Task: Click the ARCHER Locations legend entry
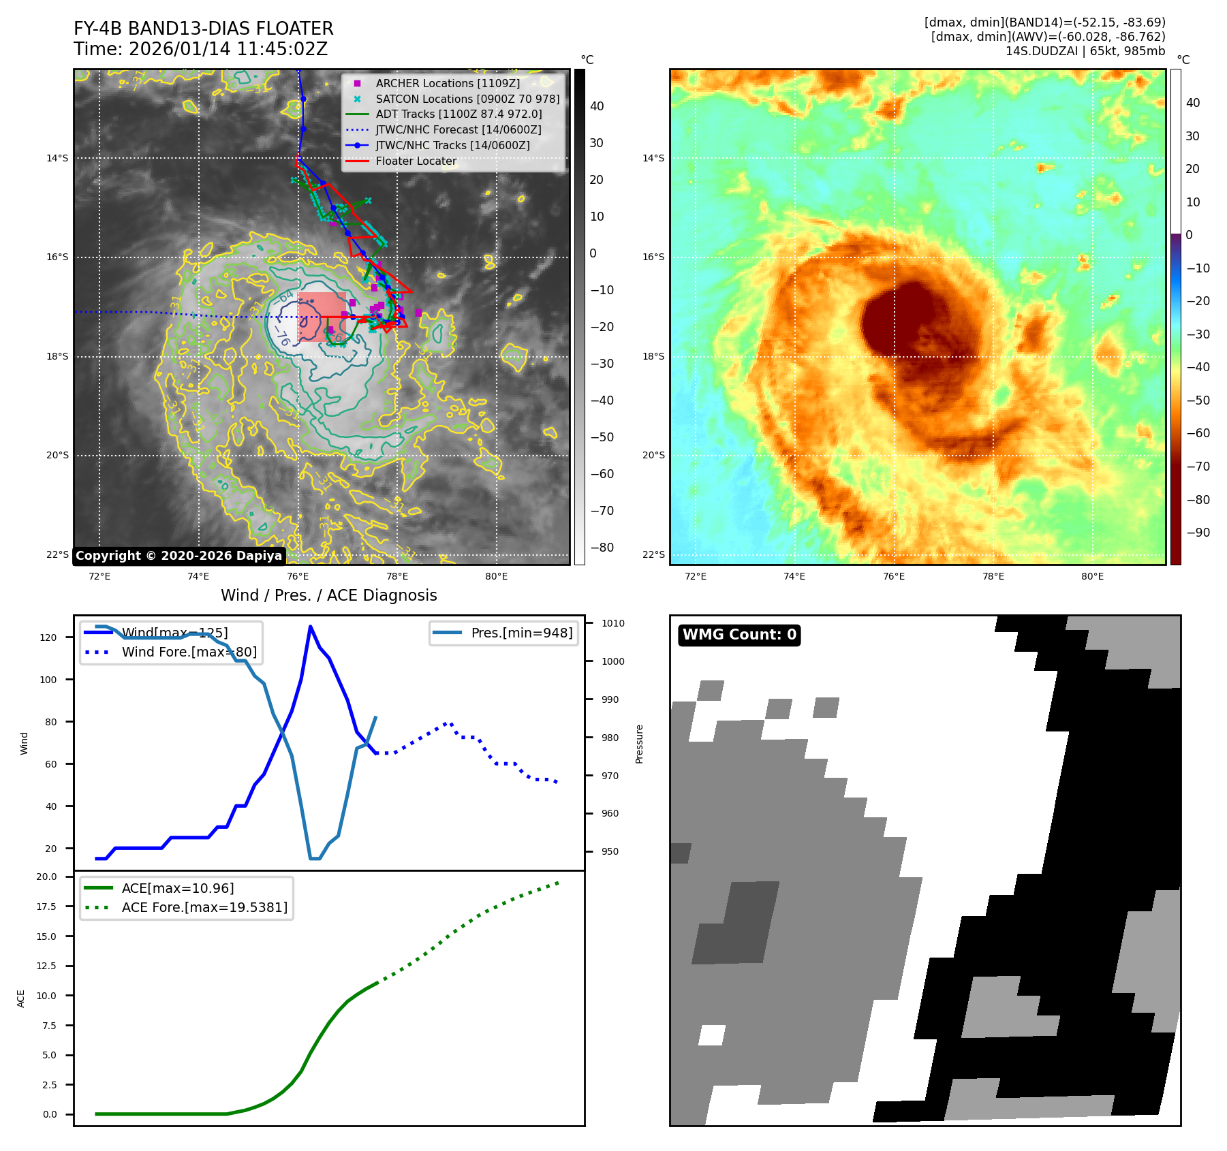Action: pyautogui.click(x=447, y=83)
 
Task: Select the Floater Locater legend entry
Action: pyautogui.click(x=416, y=161)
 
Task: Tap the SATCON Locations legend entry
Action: pyautogui.click(x=467, y=99)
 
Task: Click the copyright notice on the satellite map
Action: pyautogui.click(x=178, y=556)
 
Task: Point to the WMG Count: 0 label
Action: pyautogui.click(x=739, y=635)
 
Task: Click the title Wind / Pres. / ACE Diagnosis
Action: pyautogui.click(x=328, y=595)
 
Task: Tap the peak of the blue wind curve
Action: pyautogui.click(x=310, y=627)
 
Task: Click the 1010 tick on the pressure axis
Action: pyautogui.click(x=612, y=623)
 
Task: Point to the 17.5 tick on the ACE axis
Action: pyautogui.click(x=46, y=906)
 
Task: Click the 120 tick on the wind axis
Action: pyautogui.click(x=48, y=637)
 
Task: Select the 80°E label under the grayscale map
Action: pyautogui.click(x=496, y=576)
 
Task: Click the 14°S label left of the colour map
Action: pyautogui.click(x=653, y=158)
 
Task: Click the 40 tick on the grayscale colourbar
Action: pyautogui.click(x=597, y=106)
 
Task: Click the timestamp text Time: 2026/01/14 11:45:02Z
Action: pyautogui.click(x=200, y=49)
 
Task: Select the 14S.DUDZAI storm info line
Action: pyautogui.click(x=1085, y=51)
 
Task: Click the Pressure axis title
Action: pyautogui.click(x=639, y=744)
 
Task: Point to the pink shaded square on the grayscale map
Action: pyautogui.click(x=321, y=317)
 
